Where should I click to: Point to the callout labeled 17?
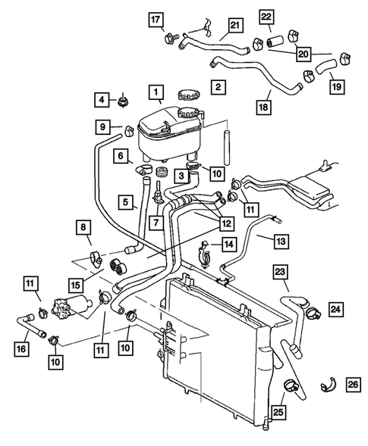[155, 20]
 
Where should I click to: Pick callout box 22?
[266, 17]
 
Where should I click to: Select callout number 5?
[122, 201]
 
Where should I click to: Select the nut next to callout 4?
[121, 100]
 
